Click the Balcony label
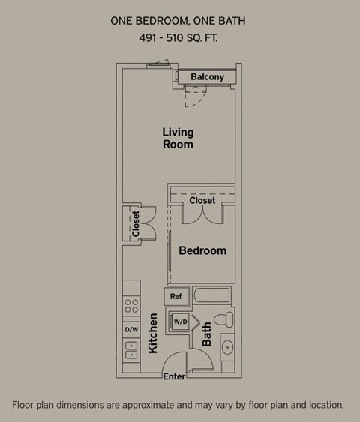(x=207, y=77)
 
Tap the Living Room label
(x=178, y=138)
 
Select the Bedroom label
(x=202, y=250)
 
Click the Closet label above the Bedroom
(x=202, y=200)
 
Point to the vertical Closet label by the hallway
(x=136, y=224)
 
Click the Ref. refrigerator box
(x=176, y=297)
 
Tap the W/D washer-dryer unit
(x=181, y=322)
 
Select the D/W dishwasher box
(x=131, y=329)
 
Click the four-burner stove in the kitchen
(x=131, y=306)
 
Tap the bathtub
(x=214, y=295)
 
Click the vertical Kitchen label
(x=152, y=334)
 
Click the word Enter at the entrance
(x=174, y=376)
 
